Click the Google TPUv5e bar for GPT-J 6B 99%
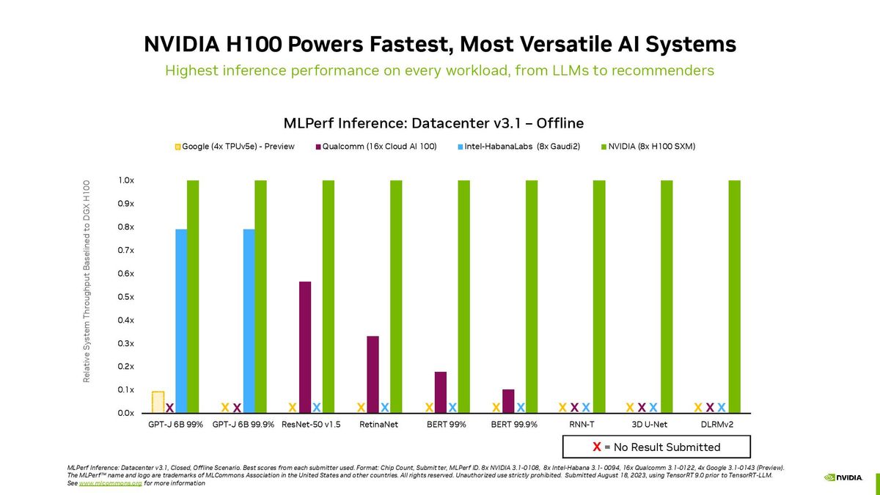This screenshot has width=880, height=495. [x=158, y=402]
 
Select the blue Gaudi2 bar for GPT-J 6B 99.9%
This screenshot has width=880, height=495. [x=249, y=321]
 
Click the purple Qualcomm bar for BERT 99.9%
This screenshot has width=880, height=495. [x=508, y=400]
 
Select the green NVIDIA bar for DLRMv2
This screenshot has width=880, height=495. [x=734, y=296]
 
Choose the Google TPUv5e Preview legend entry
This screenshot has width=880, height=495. [x=235, y=147]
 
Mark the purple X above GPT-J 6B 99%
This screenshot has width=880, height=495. [x=169, y=408]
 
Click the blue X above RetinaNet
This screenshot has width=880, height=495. [x=384, y=407]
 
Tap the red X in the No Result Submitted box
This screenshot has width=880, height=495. [x=597, y=447]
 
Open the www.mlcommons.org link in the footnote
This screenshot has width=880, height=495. [x=99, y=485]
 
